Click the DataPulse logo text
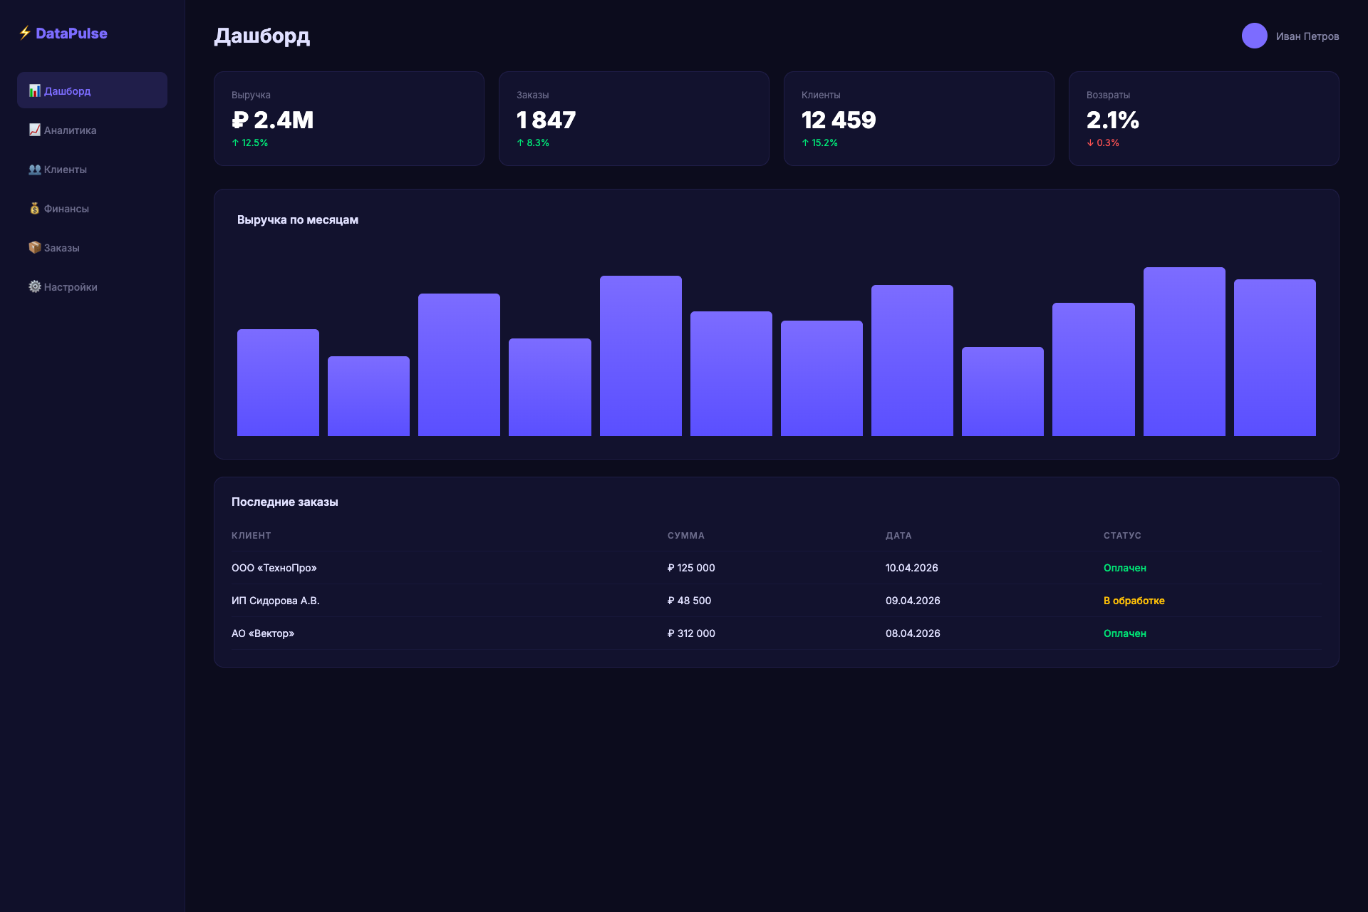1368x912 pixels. coord(71,33)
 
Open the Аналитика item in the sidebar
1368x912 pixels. coord(70,130)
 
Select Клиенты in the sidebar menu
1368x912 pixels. coord(65,170)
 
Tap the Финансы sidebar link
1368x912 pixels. coord(66,209)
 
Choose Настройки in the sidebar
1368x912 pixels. coord(70,287)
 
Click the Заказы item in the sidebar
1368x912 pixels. coord(61,248)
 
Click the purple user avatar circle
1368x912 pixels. coord(1254,36)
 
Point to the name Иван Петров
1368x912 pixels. coord(1307,36)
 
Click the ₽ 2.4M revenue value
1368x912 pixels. coord(273,120)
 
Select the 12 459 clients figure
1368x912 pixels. coord(839,120)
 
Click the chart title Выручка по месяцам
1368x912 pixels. coord(298,220)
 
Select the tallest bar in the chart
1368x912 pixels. coord(1183,352)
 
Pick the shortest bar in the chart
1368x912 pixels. coord(368,396)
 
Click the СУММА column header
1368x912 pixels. coord(685,536)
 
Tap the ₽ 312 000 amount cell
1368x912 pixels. coord(691,633)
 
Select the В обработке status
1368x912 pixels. coord(1134,601)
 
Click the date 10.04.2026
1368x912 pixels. coord(911,568)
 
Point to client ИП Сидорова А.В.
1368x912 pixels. coord(275,601)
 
